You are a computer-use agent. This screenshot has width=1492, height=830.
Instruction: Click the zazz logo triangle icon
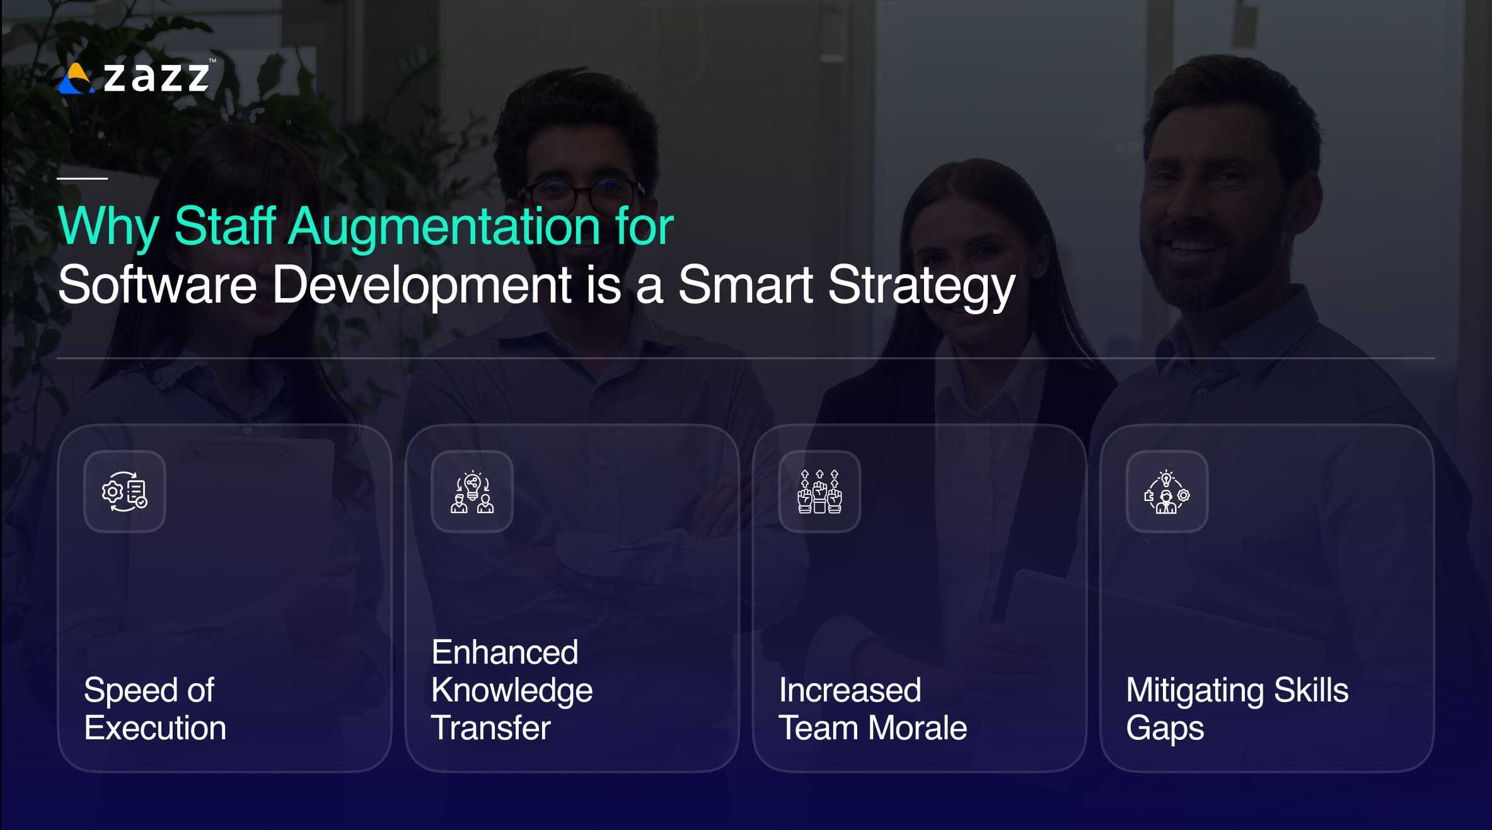pyautogui.click(x=76, y=79)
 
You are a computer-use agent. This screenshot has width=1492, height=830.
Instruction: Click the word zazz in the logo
pyautogui.click(x=156, y=78)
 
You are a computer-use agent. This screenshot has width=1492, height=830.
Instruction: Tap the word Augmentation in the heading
pyautogui.click(x=444, y=226)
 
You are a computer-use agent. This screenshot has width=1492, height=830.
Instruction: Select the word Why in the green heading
pyautogui.click(x=108, y=226)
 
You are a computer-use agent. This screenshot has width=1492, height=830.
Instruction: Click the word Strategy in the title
pyautogui.click(x=921, y=285)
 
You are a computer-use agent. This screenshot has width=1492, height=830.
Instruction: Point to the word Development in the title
pyautogui.click(x=422, y=285)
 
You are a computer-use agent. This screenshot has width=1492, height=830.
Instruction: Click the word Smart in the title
pyautogui.click(x=745, y=285)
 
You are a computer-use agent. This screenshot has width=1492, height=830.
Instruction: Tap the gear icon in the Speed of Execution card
pyautogui.click(x=113, y=491)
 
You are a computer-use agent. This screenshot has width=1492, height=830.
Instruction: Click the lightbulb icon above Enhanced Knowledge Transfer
pyautogui.click(x=472, y=485)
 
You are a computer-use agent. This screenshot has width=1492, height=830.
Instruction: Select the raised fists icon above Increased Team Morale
pyautogui.click(x=819, y=492)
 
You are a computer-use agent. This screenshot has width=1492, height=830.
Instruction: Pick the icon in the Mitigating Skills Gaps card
pyautogui.click(x=1167, y=492)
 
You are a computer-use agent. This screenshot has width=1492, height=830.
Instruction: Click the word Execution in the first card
pyautogui.click(x=155, y=728)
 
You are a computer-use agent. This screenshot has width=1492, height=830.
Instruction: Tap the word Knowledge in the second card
pyautogui.click(x=512, y=690)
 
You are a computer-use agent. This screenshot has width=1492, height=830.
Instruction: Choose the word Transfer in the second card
pyautogui.click(x=491, y=728)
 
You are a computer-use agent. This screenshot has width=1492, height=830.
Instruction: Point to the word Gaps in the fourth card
pyautogui.click(x=1165, y=729)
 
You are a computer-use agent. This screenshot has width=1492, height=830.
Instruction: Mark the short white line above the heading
pyautogui.click(x=82, y=178)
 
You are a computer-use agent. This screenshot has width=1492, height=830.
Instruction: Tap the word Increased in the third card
pyautogui.click(x=850, y=690)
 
